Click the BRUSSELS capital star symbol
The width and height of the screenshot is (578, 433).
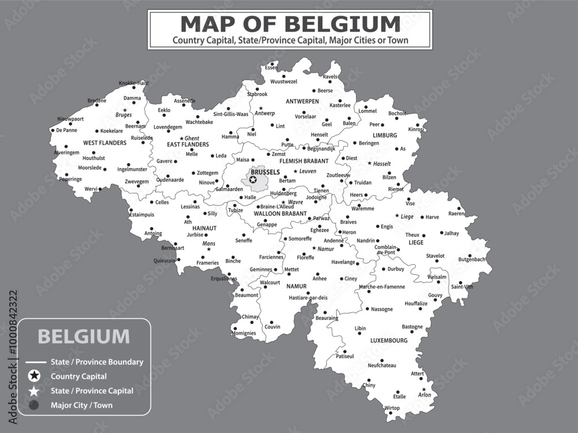253,180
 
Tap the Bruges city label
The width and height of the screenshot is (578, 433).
124,115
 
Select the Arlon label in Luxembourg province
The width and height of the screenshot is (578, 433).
424,395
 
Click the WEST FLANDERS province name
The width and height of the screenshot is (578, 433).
105,143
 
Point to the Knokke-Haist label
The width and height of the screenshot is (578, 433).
134,83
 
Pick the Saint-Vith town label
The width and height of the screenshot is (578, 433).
462,286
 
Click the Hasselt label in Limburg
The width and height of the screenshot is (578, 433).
382,164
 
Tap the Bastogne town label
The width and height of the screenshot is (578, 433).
412,327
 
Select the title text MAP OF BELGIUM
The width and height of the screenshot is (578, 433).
290,24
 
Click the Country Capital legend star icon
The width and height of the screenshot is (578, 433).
34,376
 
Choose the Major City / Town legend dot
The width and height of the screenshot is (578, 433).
34,405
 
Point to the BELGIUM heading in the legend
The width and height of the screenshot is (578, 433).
84,336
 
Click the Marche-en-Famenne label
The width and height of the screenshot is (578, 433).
382,286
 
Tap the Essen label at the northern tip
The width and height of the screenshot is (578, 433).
271,68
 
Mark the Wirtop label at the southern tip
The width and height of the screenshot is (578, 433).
392,408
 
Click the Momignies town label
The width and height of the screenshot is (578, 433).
244,334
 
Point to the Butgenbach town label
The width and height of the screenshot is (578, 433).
472,260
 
